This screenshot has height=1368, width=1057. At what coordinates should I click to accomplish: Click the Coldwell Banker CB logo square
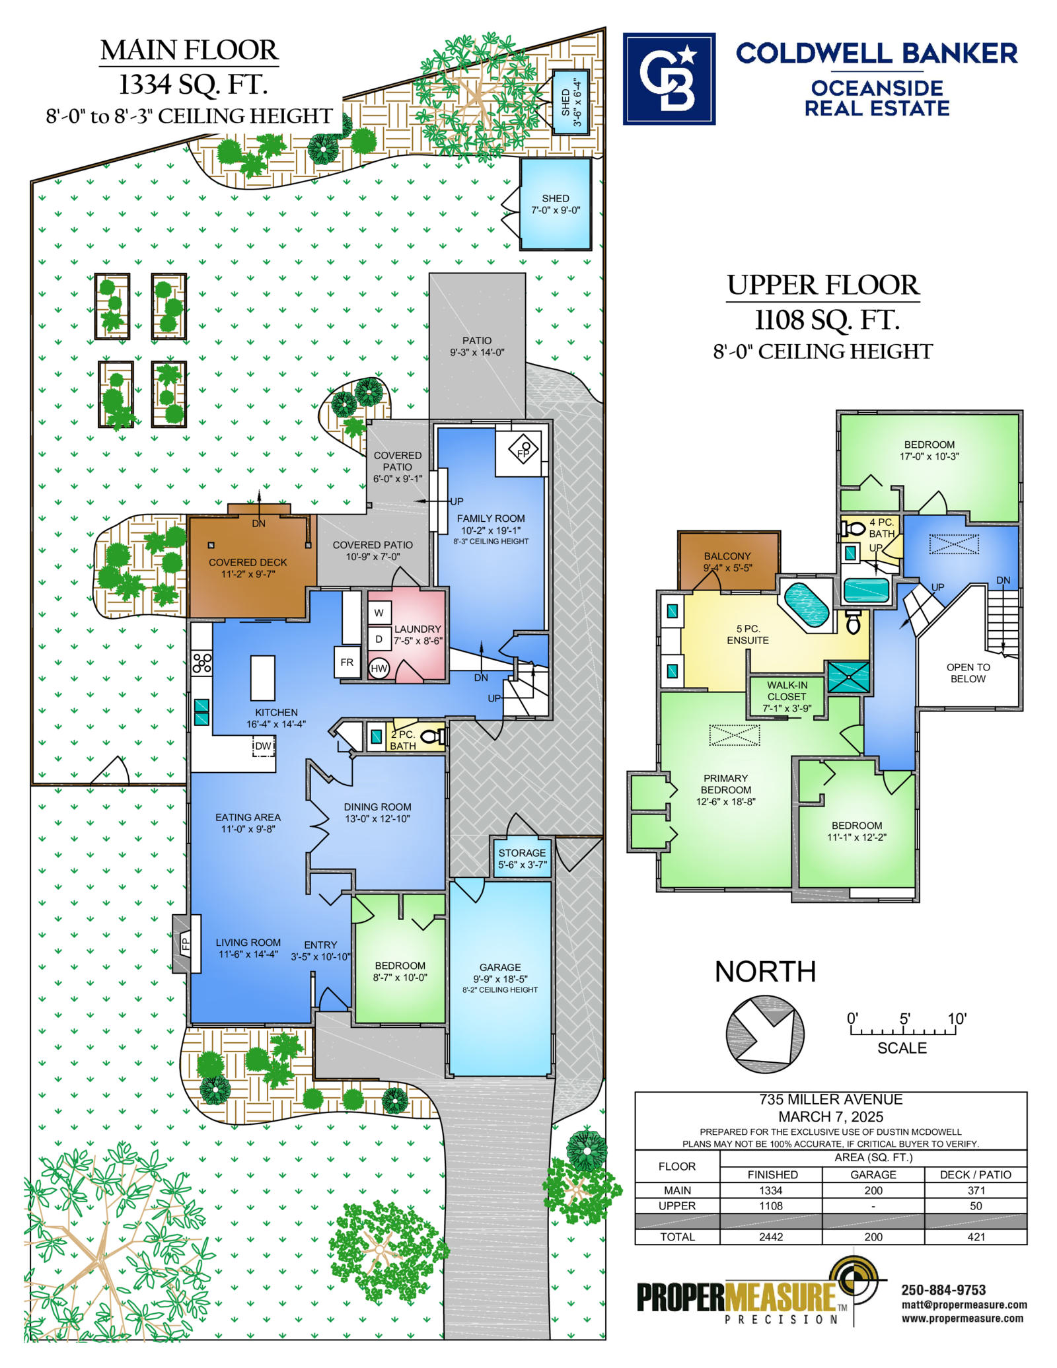pyautogui.click(x=669, y=79)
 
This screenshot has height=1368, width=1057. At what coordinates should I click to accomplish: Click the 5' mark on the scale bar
pyautogui.click(x=904, y=1019)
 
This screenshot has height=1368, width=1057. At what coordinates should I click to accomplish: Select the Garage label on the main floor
pyautogui.click(x=500, y=967)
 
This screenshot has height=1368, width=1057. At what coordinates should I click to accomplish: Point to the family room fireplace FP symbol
pyautogui.click(x=523, y=450)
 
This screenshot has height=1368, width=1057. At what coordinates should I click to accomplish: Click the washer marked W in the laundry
pyautogui.click(x=379, y=612)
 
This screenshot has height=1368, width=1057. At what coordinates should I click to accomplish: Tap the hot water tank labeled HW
pyautogui.click(x=379, y=668)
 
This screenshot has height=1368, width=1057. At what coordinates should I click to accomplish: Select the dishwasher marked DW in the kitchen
pyautogui.click(x=264, y=746)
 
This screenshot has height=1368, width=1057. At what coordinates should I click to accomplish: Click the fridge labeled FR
pyautogui.click(x=347, y=662)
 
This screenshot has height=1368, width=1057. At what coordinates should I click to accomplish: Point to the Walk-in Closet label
pyautogui.click(x=787, y=691)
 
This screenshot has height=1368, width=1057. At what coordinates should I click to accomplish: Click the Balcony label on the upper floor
pyautogui.click(x=727, y=556)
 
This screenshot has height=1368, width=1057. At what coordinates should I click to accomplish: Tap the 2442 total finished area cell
pyautogui.click(x=771, y=1237)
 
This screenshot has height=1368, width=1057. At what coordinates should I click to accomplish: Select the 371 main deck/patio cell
pyautogui.click(x=976, y=1190)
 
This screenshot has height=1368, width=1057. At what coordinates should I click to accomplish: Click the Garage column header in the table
pyautogui.click(x=873, y=1174)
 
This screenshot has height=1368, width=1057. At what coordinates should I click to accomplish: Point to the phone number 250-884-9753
pyautogui.click(x=943, y=1290)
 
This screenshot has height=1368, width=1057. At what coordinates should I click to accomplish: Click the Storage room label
pyautogui.click(x=522, y=853)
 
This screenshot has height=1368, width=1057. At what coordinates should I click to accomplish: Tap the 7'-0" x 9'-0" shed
pyautogui.click(x=556, y=204)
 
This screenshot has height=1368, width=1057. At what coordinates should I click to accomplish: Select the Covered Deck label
pyautogui.click(x=248, y=562)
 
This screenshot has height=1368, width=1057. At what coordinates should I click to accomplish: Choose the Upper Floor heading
pyautogui.click(x=822, y=285)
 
